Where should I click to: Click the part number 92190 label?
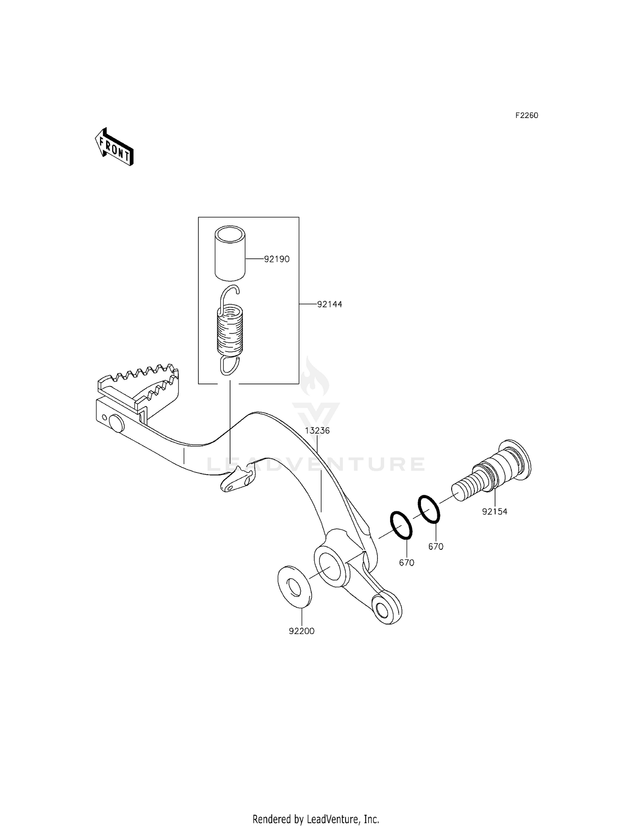point(277,259)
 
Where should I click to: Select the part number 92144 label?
point(329,304)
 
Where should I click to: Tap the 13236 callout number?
point(317,431)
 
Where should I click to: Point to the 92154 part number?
point(495,512)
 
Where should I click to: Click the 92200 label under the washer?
point(302,631)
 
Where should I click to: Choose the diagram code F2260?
point(527,115)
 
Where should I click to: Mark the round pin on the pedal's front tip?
point(115,423)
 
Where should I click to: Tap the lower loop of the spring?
point(230,365)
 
